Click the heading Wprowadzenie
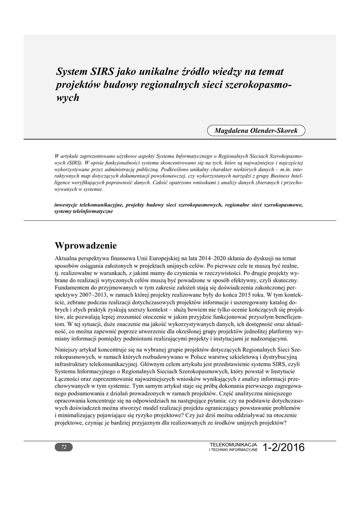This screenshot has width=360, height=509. (x=86, y=246)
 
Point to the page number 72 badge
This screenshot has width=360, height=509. (x=64, y=447)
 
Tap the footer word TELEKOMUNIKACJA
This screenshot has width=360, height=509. (x=234, y=443)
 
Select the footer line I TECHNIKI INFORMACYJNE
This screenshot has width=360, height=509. (x=234, y=449)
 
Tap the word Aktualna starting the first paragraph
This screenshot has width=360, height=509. (x=68, y=259)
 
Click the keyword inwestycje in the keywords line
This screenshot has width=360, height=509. (x=68, y=205)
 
